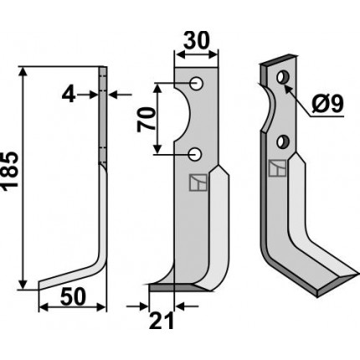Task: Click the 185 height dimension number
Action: pos(10,172)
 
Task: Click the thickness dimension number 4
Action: pos(69,95)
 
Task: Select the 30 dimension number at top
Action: pos(196,40)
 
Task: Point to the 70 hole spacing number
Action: pos(146,120)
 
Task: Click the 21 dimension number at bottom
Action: pos(162,321)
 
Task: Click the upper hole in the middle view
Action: pos(197,83)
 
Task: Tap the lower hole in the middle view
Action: pos(195,154)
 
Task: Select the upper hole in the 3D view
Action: pos(283,77)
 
